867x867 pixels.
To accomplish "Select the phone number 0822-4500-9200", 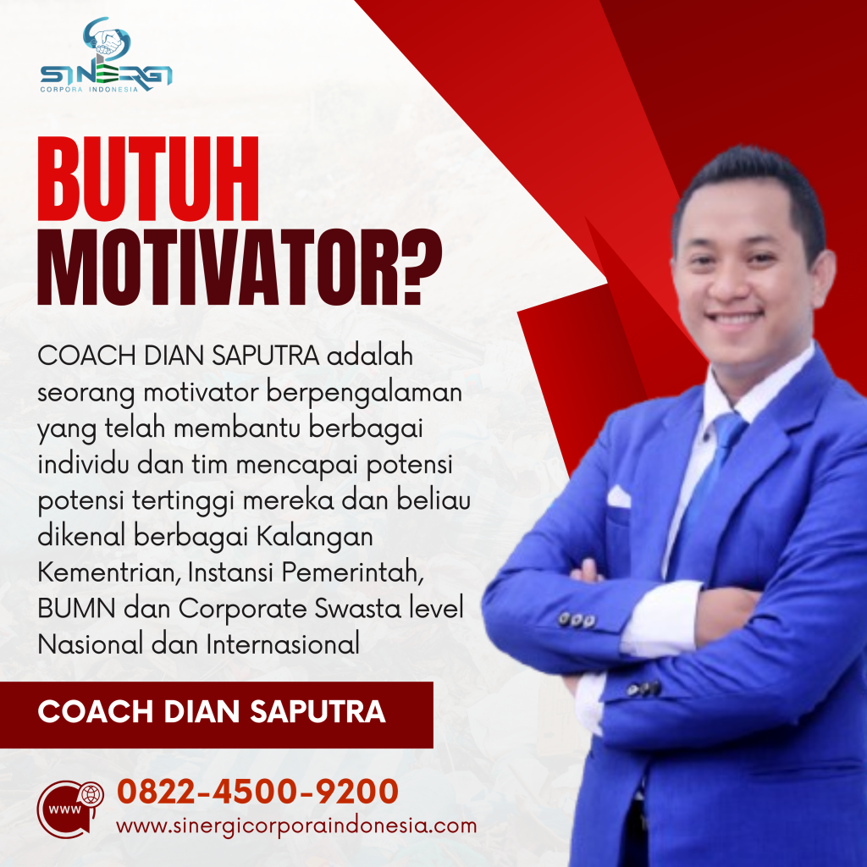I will (x=257, y=792).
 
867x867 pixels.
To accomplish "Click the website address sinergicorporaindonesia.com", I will (x=296, y=826).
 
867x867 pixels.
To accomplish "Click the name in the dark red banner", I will (x=212, y=711).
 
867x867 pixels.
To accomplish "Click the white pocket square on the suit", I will (x=619, y=497).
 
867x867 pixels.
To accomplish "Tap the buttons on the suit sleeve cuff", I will (x=577, y=620).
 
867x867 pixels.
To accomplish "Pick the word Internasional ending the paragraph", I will (x=283, y=644).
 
